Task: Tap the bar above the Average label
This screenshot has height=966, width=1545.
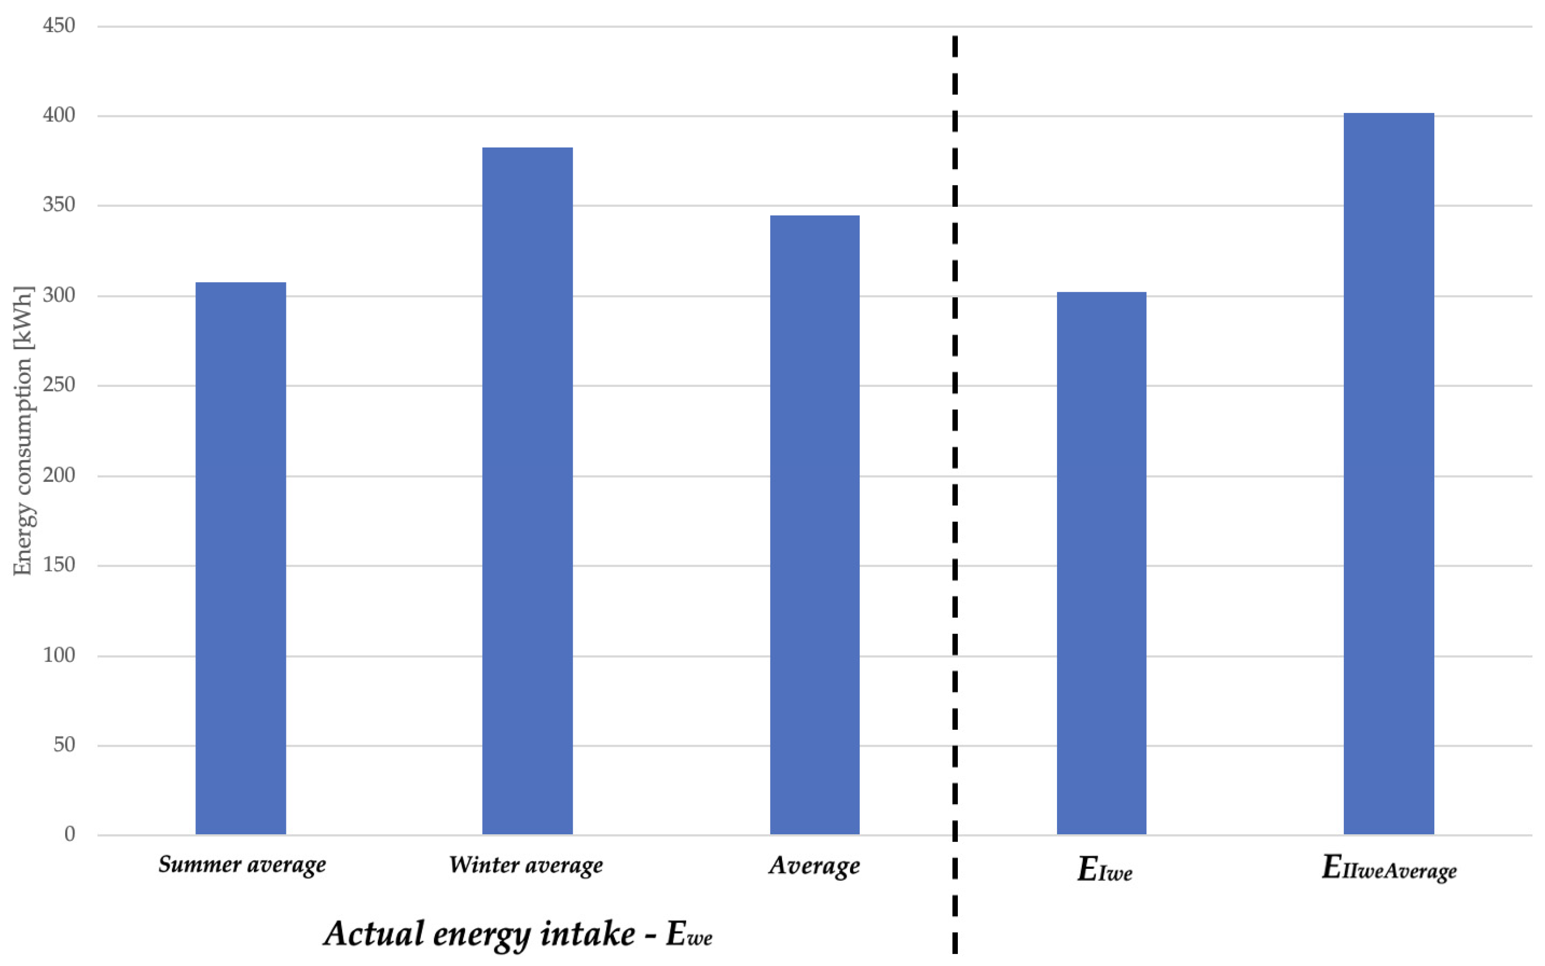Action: [814, 524]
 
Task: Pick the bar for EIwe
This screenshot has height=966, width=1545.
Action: [1101, 563]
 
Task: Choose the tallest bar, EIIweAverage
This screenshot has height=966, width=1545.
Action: [1388, 473]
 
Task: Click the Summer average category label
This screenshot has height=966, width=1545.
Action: [242, 865]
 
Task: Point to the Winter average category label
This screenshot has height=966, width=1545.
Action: [526, 865]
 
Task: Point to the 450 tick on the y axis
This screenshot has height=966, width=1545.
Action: [59, 25]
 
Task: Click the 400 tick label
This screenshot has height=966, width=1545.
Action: [59, 115]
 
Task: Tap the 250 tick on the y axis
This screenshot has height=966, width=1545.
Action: [59, 385]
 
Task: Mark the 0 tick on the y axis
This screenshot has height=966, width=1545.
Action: [69, 834]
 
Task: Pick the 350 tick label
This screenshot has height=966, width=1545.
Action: [59, 205]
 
